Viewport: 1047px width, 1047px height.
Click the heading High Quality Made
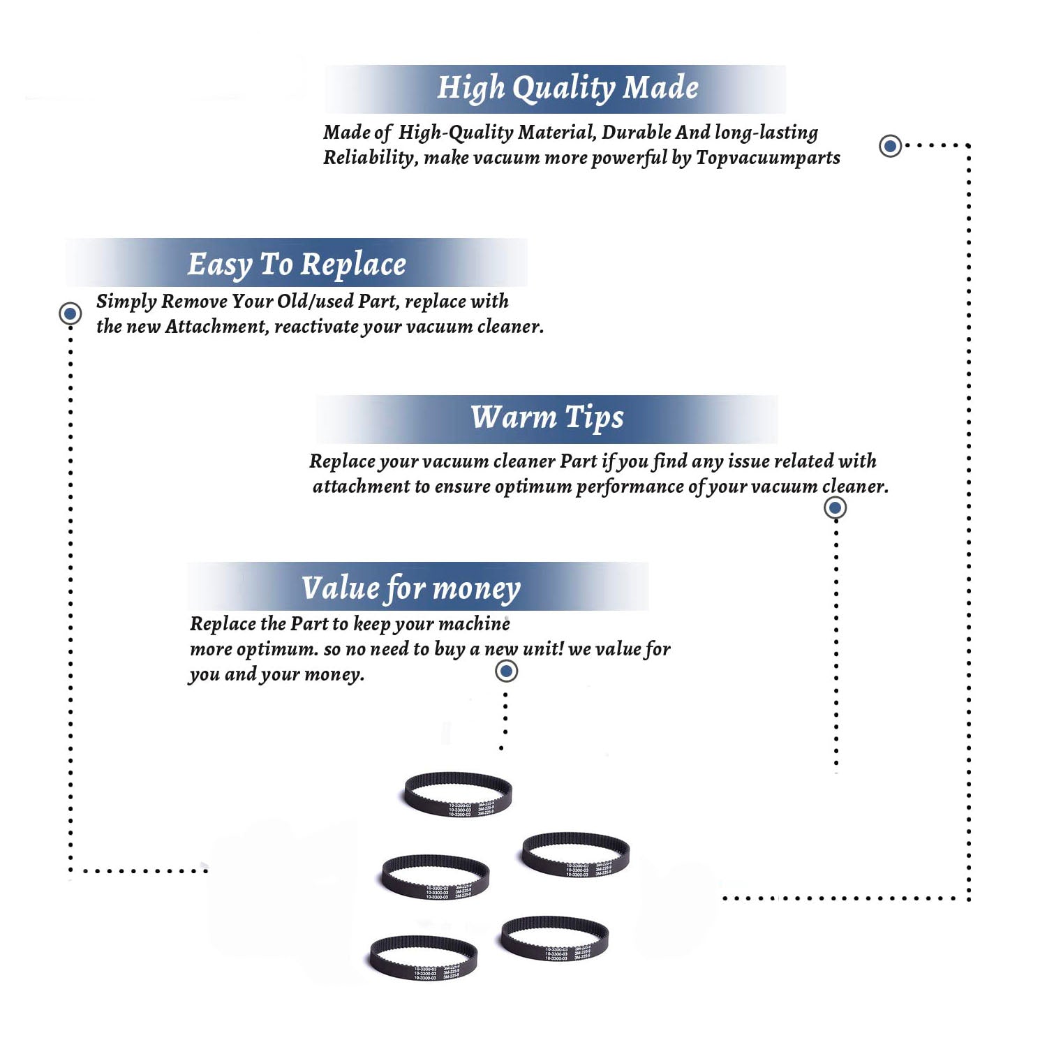(567, 89)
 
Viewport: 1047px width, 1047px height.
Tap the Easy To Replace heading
(297, 265)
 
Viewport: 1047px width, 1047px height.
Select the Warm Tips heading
(547, 417)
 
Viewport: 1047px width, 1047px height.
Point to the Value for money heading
(410, 588)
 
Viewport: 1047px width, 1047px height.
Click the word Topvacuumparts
(768, 158)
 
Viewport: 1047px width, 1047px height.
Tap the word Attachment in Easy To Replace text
(216, 327)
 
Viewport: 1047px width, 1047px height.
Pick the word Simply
(126, 302)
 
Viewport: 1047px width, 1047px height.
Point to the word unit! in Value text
(543, 649)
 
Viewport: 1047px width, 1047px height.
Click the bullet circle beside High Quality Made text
(890, 146)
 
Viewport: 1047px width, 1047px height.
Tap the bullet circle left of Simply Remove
(70, 313)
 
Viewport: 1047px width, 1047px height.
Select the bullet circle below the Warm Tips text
(835, 507)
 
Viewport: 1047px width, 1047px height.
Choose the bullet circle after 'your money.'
(506, 671)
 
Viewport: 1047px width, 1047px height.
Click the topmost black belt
(458, 794)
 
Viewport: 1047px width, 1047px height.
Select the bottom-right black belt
(555, 939)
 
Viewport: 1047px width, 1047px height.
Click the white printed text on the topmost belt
(471, 810)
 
